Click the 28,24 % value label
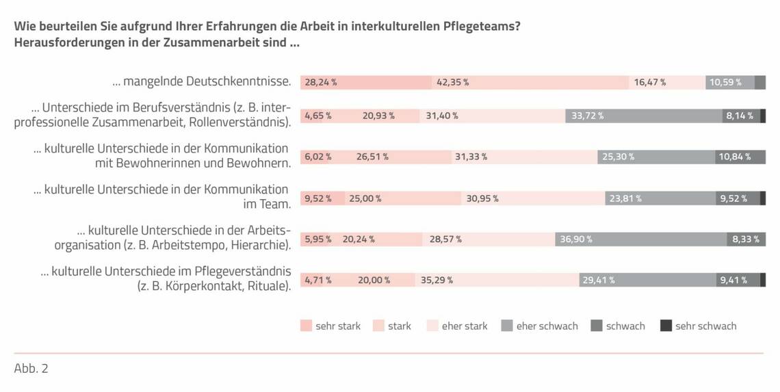click(321, 83)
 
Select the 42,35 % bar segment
click(530, 83)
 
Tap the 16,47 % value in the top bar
click(649, 83)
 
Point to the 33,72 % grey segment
click(643, 116)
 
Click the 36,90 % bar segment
click(640, 239)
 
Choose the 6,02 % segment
click(318, 157)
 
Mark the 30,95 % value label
click(482, 198)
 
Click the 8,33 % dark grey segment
click(746, 239)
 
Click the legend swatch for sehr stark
click(305, 326)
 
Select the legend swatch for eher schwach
click(506, 326)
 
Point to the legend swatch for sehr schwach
click(666, 326)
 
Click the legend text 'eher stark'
click(465, 326)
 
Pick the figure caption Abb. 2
click(31, 369)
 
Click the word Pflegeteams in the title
click(476, 26)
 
